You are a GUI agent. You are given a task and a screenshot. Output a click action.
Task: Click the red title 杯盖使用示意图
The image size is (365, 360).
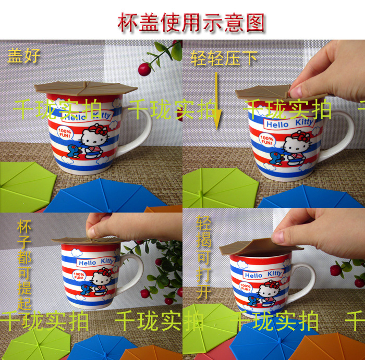(x=191, y=22)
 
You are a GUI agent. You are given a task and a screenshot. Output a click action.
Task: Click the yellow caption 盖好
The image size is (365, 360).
(x=24, y=56)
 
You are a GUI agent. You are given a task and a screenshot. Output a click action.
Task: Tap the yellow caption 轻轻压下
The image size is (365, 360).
(x=224, y=58)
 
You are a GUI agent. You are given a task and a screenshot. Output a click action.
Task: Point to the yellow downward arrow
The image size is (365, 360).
(x=217, y=101)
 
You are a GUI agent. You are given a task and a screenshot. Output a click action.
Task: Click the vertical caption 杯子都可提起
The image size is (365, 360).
(x=24, y=265)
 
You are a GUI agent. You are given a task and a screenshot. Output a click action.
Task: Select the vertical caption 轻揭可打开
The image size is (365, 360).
(x=204, y=257)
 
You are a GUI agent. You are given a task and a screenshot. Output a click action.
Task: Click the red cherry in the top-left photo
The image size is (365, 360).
(x=144, y=69)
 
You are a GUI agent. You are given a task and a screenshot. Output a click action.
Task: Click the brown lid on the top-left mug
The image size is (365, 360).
(x=86, y=88)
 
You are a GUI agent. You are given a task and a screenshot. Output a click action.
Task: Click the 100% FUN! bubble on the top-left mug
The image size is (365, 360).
(x=65, y=133)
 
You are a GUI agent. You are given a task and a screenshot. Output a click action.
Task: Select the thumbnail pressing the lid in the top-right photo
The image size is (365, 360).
(x=296, y=91)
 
